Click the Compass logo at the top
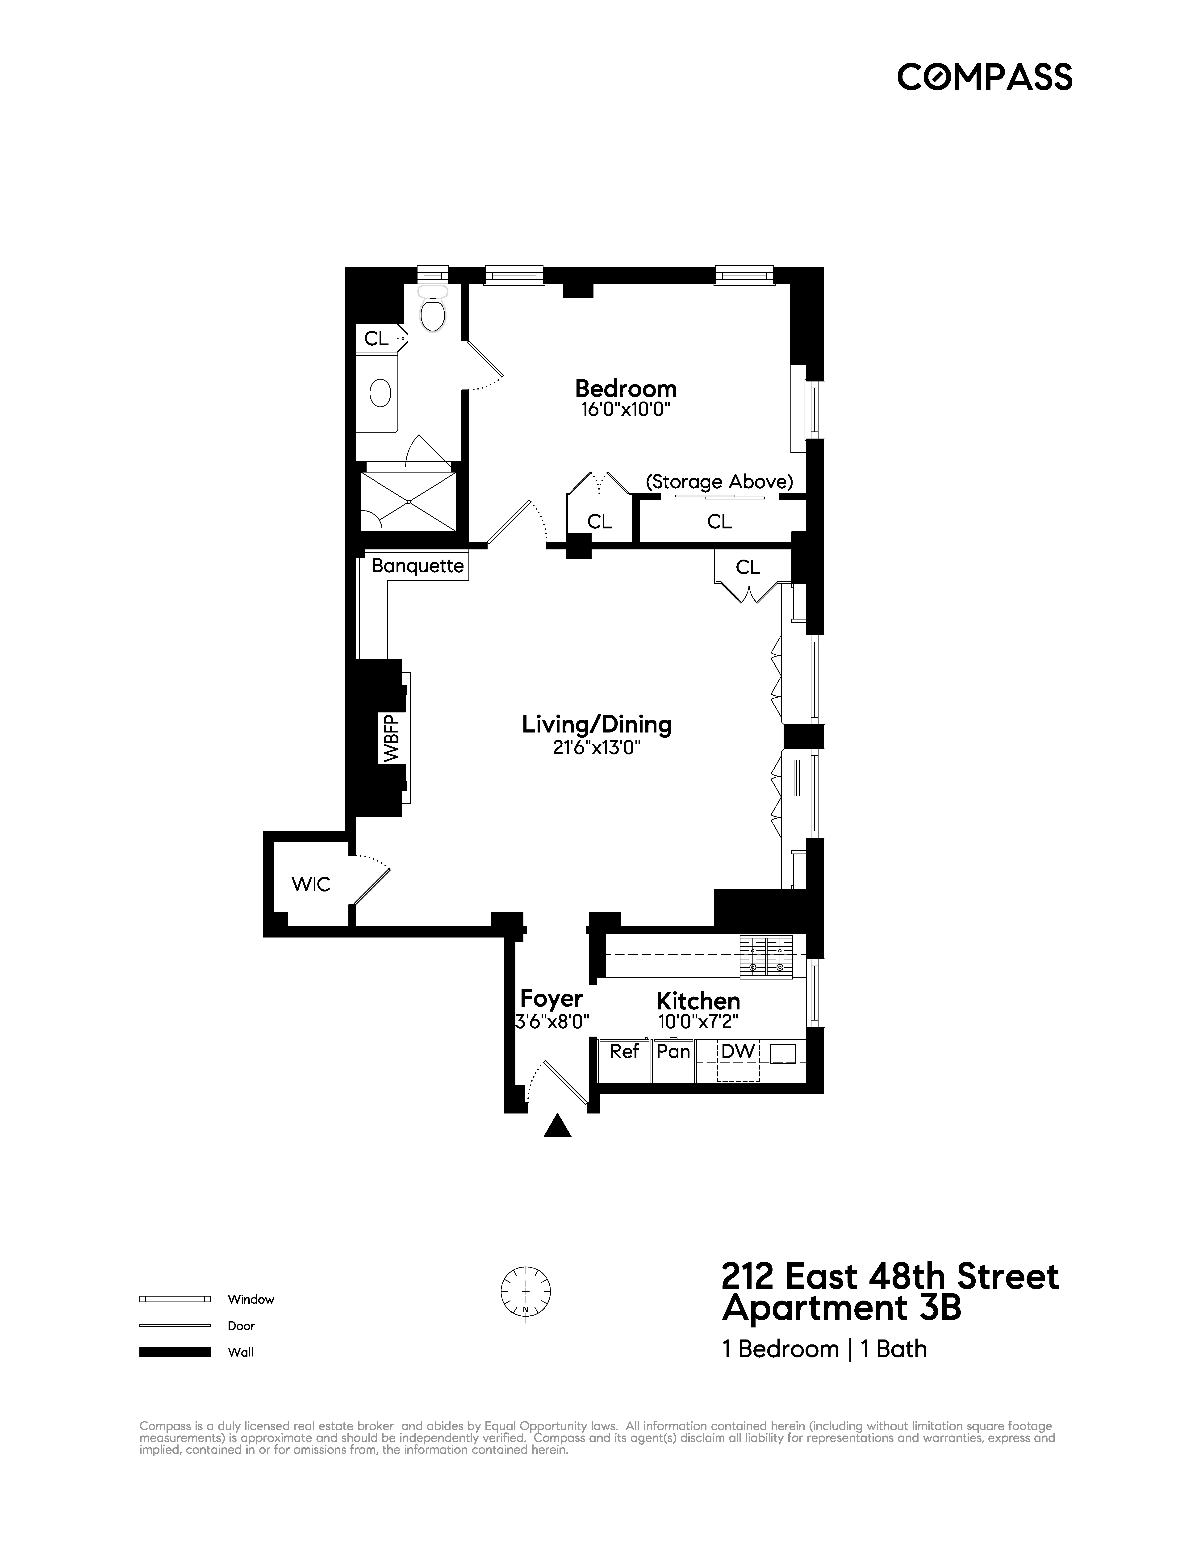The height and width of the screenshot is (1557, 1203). click(984, 77)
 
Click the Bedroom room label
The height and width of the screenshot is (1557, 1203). click(625, 389)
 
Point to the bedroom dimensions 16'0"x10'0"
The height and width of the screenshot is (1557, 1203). click(625, 410)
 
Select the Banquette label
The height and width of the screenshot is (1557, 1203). click(418, 566)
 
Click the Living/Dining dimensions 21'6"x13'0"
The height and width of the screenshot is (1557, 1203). click(597, 747)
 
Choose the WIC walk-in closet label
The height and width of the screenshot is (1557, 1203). click(311, 885)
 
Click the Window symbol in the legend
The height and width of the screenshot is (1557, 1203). click(175, 1299)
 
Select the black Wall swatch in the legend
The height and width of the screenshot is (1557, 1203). click(175, 1352)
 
